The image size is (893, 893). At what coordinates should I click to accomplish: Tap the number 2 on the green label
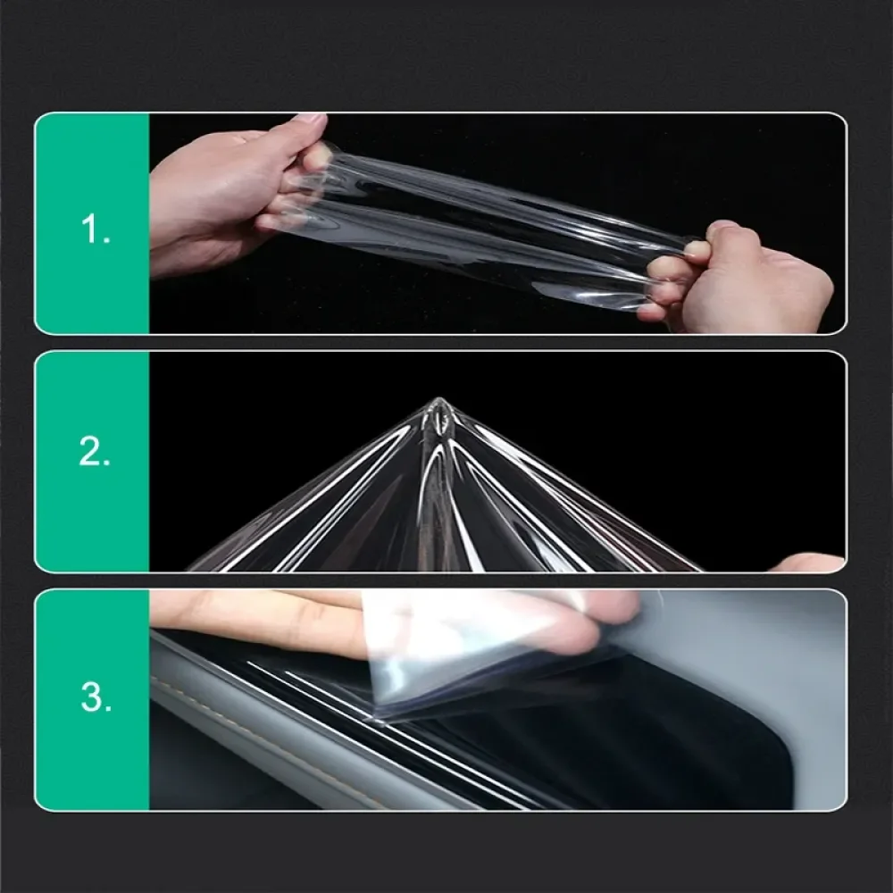pos(94,453)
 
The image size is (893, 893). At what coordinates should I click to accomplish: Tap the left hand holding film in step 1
pos(223,188)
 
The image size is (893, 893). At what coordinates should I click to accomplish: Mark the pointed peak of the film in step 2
pos(438,405)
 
